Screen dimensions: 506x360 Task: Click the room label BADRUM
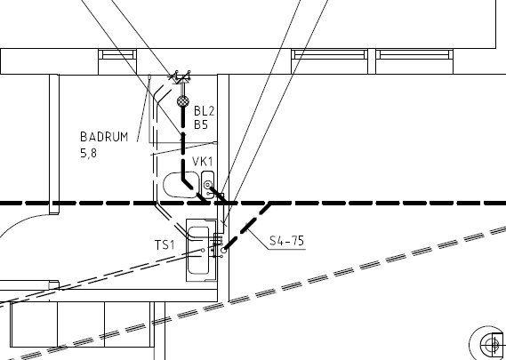(x=104, y=137)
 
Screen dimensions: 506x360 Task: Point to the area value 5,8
(x=88, y=153)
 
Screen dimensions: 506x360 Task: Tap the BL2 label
(x=204, y=111)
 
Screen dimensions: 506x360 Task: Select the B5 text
(x=201, y=124)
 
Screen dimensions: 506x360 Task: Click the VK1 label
(x=203, y=161)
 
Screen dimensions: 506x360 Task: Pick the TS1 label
(x=165, y=245)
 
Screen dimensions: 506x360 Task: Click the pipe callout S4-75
(x=286, y=241)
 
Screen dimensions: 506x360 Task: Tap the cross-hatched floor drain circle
(x=183, y=101)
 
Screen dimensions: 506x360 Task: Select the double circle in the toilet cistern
(x=207, y=185)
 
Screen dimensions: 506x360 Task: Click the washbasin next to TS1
(x=197, y=251)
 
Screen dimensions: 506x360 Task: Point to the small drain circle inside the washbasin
(x=203, y=250)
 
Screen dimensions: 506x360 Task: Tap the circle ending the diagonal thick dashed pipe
(x=223, y=251)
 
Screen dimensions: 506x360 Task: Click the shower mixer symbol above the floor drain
(x=180, y=77)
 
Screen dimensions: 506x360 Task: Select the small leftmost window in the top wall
(x=117, y=54)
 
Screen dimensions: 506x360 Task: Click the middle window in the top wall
(x=330, y=54)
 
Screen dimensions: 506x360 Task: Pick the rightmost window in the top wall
(x=414, y=54)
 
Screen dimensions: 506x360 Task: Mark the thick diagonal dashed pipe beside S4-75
(x=247, y=227)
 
